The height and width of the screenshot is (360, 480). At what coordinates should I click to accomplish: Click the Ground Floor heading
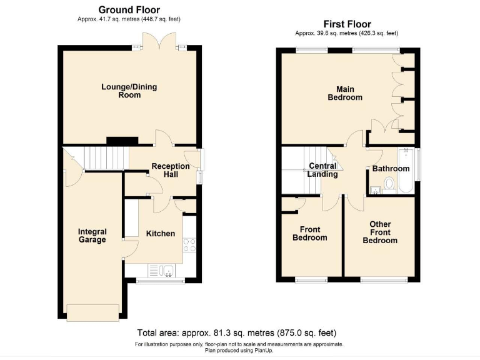tap(129, 10)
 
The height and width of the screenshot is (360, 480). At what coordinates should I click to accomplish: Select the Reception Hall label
tap(171, 170)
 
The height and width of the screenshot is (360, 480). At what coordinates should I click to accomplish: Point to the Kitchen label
tap(160, 233)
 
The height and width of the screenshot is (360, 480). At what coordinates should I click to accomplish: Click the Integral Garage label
tap(92, 236)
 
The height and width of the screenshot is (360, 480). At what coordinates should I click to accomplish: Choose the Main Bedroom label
tap(345, 93)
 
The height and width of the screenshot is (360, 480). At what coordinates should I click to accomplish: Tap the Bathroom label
tap(391, 169)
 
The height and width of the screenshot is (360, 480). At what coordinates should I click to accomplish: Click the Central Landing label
tap(322, 170)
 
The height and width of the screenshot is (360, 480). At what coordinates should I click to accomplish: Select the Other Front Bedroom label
tap(380, 232)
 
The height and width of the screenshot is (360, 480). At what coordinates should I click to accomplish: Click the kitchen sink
tap(162, 271)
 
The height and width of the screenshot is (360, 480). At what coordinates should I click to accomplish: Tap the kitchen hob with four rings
tap(189, 245)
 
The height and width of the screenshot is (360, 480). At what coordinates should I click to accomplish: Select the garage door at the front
tap(93, 311)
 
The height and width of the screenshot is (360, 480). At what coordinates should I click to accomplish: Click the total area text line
tap(240, 332)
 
